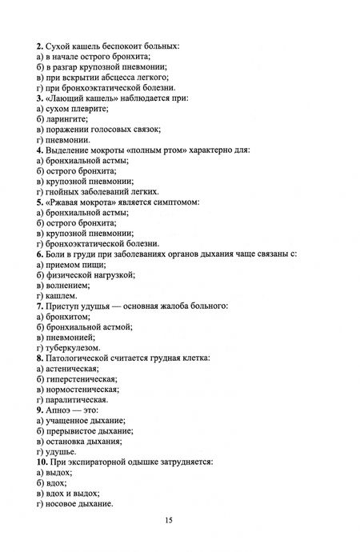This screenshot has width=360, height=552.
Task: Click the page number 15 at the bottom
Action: (x=170, y=521)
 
